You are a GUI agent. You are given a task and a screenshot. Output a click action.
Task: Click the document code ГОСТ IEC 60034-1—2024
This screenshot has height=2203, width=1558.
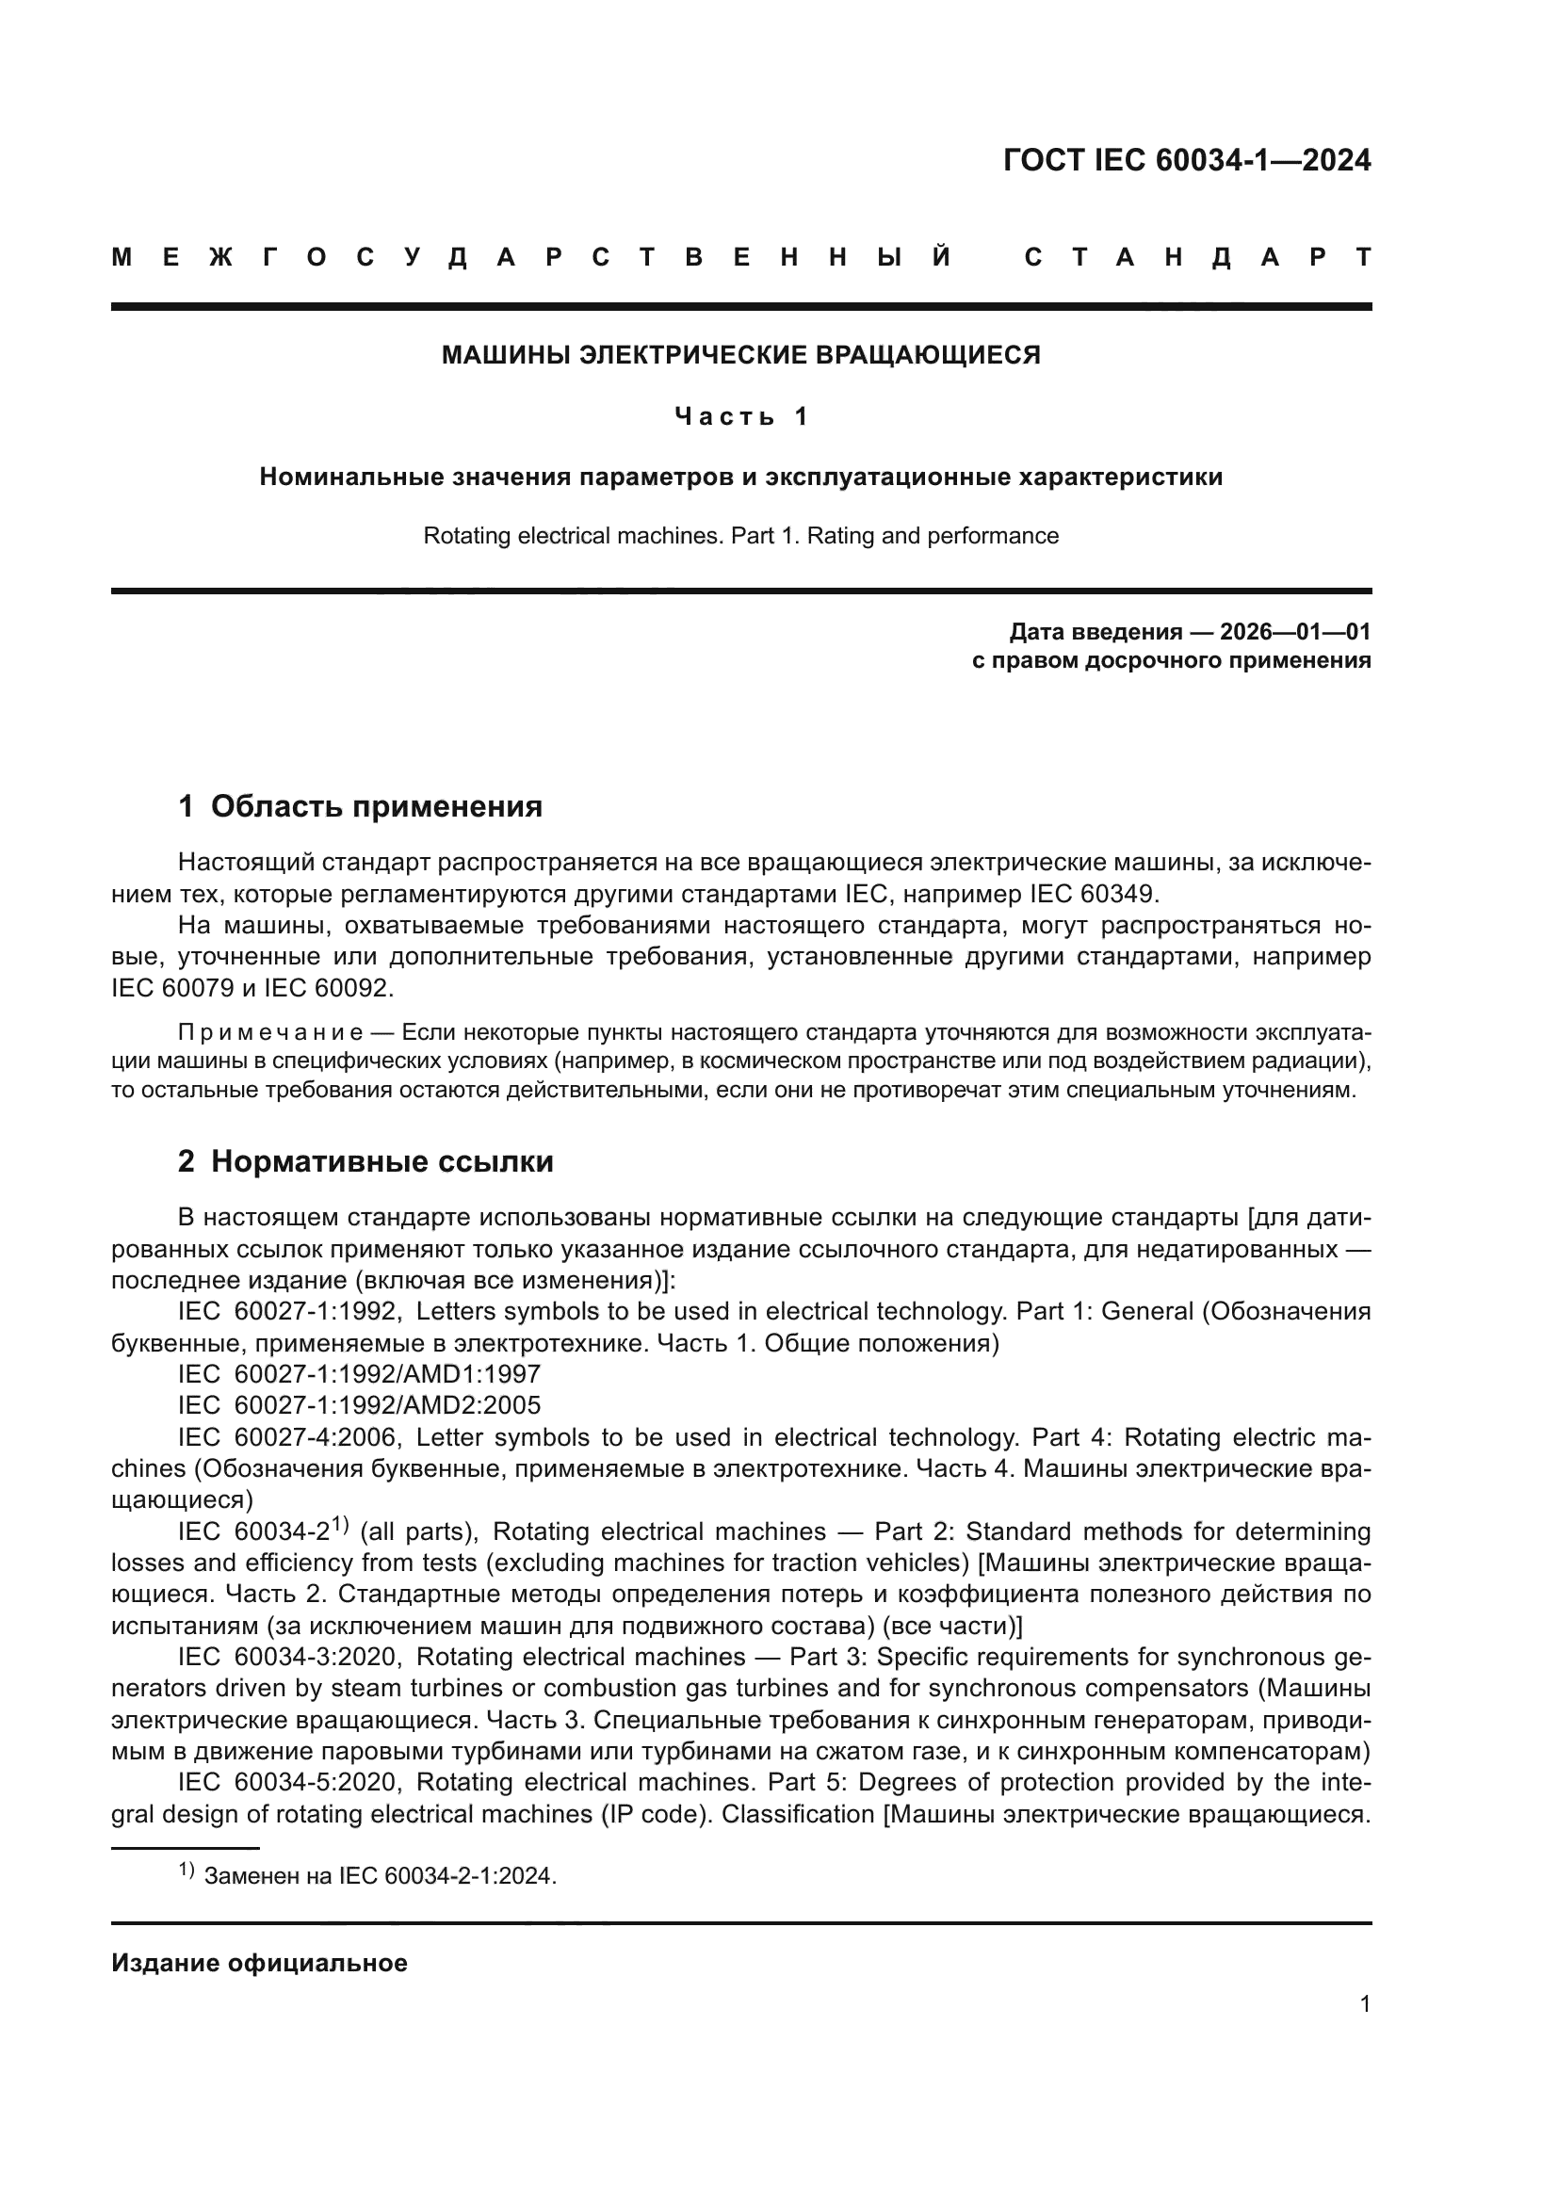point(1186,160)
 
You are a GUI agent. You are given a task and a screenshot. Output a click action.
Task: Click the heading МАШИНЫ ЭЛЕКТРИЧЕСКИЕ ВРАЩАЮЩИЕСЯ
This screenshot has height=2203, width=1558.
point(740,355)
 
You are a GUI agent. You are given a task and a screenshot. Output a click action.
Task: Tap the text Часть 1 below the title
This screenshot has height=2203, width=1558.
point(740,416)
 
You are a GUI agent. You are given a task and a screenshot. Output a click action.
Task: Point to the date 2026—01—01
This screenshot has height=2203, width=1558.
point(1294,631)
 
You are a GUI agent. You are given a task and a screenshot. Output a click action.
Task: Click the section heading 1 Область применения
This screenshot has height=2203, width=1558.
point(361,806)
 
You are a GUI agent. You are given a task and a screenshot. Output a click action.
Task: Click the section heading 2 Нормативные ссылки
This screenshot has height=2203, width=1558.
point(365,1161)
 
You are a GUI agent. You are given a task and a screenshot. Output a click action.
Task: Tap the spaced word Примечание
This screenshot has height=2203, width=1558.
point(270,1032)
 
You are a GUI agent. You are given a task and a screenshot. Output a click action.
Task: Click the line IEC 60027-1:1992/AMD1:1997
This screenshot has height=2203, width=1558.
point(359,1374)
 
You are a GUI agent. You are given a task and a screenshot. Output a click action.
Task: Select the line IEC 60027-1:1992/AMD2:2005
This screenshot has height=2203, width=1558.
point(359,1404)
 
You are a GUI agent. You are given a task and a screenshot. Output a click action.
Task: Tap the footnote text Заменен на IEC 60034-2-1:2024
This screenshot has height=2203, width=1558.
point(380,1876)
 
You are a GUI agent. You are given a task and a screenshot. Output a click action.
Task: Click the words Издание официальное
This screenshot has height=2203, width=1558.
point(259,1962)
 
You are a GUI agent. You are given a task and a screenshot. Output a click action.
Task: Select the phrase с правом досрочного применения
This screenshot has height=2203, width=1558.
point(1171,660)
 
